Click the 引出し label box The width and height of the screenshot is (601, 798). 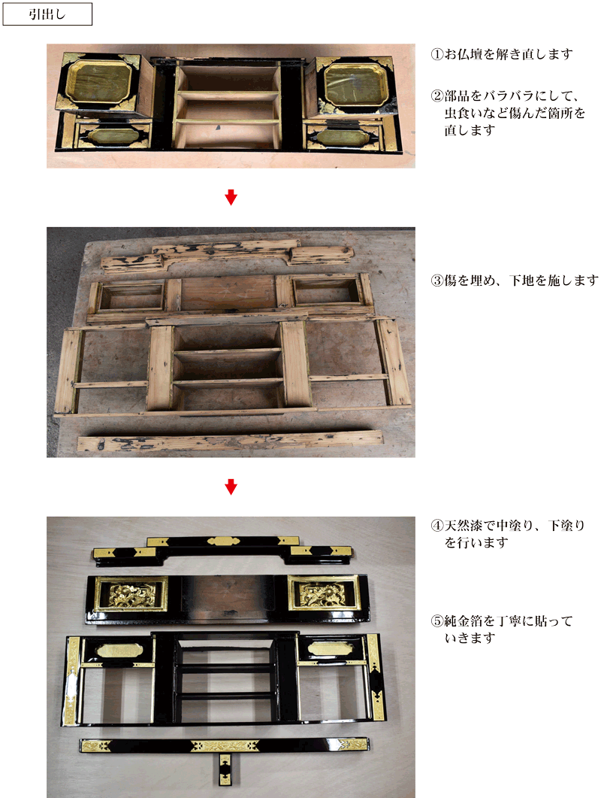(x=47, y=14)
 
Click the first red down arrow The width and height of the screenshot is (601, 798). (x=231, y=197)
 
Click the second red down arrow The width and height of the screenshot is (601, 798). (x=231, y=487)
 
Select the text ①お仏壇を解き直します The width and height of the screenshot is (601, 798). (x=502, y=54)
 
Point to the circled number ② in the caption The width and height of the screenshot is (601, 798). (x=436, y=96)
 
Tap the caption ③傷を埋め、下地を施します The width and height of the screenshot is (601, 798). (x=515, y=281)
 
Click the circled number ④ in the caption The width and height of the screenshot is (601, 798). (x=436, y=525)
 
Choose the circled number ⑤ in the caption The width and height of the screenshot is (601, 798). (x=436, y=621)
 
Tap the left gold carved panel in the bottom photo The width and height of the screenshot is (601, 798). (x=131, y=593)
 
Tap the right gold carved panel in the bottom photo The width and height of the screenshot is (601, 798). (x=322, y=593)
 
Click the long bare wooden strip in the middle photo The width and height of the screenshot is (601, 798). (x=230, y=441)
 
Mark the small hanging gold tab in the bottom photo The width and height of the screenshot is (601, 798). (x=225, y=768)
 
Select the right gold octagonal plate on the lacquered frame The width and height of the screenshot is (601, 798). (x=330, y=648)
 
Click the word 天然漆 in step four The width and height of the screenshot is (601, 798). (x=464, y=525)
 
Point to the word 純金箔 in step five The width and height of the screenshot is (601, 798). (x=464, y=621)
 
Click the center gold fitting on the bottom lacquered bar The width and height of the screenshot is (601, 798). (x=221, y=746)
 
